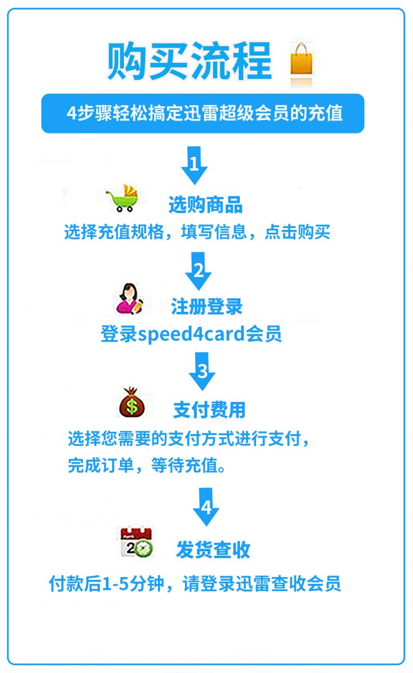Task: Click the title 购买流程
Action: click(x=190, y=62)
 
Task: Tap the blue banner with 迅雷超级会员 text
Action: click(x=203, y=113)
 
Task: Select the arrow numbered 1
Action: click(x=194, y=165)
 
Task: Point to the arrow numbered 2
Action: click(x=198, y=271)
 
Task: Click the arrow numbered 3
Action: click(x=202, y=371)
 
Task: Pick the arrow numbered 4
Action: click(x=206, y=508)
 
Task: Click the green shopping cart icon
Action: click(x=123, y=198)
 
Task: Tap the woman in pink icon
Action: click(x=129, y=298)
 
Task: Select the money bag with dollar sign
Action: click(x=132, y=402)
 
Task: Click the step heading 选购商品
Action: click(x=206, y=205)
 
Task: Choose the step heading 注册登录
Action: click(x=207, y=307)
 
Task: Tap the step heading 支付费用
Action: click(x=210, y=410)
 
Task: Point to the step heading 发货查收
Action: click(x=213, y=550)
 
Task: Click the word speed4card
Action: click(x=192, y=334)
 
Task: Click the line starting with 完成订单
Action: click(x=146, y=465)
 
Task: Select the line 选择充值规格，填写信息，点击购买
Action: click(x=197, y=232)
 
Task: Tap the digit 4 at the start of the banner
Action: click(x=72, y=113)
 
